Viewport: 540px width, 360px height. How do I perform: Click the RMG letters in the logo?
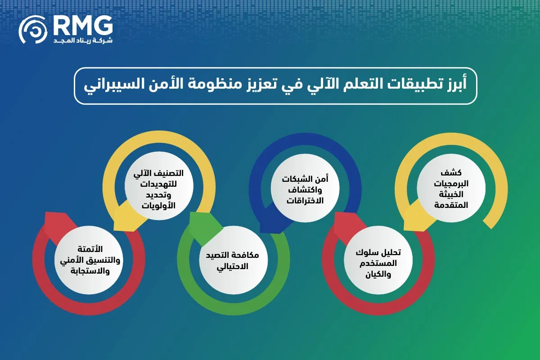pyautogui.click(x=83, y=26)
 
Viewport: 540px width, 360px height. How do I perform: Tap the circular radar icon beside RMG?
pyautogui.click(x=33, y=30)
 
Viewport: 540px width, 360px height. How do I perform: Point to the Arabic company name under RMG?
pyautogui.click(x=83, y=40)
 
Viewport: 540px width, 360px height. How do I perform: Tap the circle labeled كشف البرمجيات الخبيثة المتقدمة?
pyautogui.click(x=451, y=188)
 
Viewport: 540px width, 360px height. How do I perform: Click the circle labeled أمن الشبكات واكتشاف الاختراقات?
pyautogui.click(x=305, y=188)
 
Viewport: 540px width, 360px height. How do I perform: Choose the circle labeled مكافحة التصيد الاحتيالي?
pyautogui.click(x=234, y=260)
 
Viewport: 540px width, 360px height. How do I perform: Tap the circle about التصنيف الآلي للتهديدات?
pyautogui.click(x=159, y=186)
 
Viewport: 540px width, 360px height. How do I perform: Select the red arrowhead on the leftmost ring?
pyautogui.click(x=58, y=225)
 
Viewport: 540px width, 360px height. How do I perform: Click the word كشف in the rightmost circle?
pyautogui.click(x=451, y=172)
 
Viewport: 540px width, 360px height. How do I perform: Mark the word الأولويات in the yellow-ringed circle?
pyautogui.click(x=158, y=206)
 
